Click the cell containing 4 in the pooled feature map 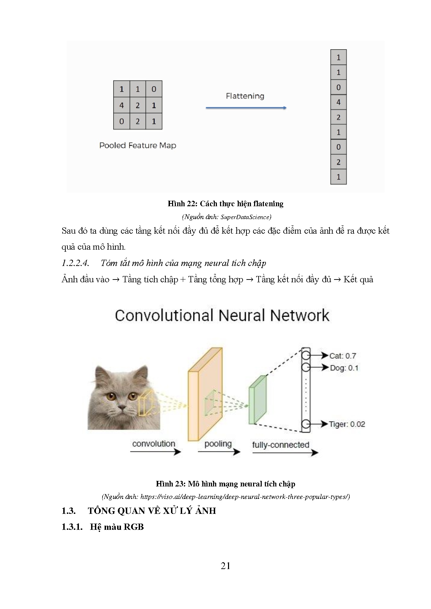pyautogui.click(x=122, y=105)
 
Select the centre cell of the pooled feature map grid pyautogui.click(x=138, y=105)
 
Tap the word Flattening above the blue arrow pyautogui.click(x=245, y=96)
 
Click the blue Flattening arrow pyautogui.click(x=246, y=108)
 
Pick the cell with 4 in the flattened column pyautogui.click(x=338, y=102)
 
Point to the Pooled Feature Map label pyautogui.click(x=138, y=145)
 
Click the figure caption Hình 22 pyautogui.click(x=225, y=204)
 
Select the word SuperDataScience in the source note pyautogui.click(x=245, y=217)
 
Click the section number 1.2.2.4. pyautogui.click(x=75, y=263)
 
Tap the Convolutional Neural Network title pyautogui.click(x=222, y=316)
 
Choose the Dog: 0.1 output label pyautogui.click(x=344, y=368)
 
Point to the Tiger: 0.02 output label pyautogui.click(x=347, y=424)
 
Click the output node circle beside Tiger pyautogui.click(x=306, y=424)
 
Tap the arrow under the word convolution pyautogui.click(x=155, y=452)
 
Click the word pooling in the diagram pyautogui.click(x=218, y=444)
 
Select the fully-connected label pyautogui.click(x=280, y=445)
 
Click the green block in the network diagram pyautogui.click(x=257, y=401)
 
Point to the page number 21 pyautogui.click(x=225, y=566)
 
